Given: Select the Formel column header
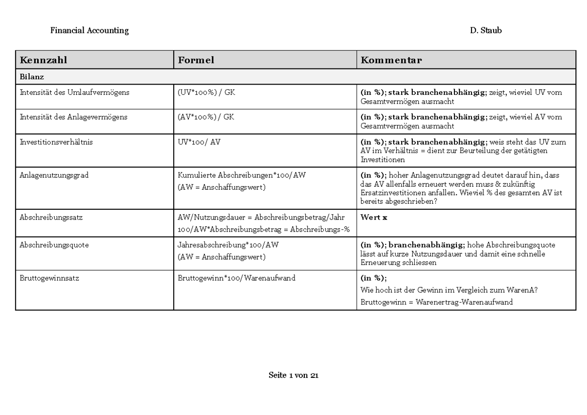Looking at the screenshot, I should pyautogui.click(x=196, y=60).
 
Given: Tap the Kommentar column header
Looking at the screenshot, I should pyautogui.click(x=391, y=60).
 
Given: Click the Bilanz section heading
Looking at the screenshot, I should pyautogui.click(x=32, y=77).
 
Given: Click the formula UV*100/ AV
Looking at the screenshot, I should pyautogui.click(x=199, y=142).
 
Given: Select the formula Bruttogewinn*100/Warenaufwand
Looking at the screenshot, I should pyautogui.click(x=237, y=278).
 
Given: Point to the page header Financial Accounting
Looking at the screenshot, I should pyautogui.click(x=90, y=30).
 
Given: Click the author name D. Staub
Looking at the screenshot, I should pyautogui.click(x=486, y=30).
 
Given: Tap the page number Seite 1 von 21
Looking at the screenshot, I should pyautogui.click(x=293, y=375).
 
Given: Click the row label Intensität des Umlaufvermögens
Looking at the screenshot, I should pyautogui.click(x=74, y=92).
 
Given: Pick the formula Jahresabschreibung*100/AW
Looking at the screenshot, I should pyautogui.click(x=231, y=245).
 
